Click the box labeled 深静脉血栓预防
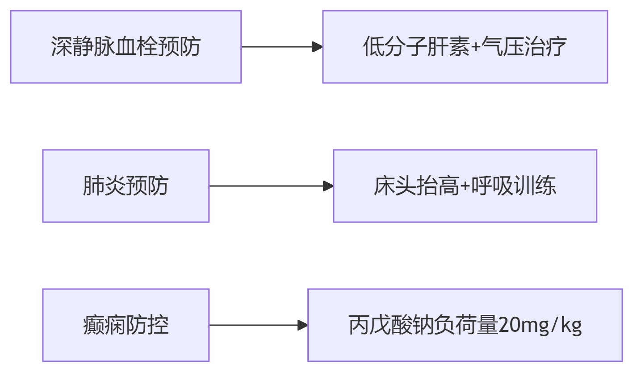126,47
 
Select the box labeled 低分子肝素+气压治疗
465,47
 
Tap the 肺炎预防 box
126,186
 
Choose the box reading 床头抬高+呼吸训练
465,186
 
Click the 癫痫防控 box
126,325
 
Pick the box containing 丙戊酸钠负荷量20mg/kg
465,325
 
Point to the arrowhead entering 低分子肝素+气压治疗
318,47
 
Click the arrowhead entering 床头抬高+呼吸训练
328,186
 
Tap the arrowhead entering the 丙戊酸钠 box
303,325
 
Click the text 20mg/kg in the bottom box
540,326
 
